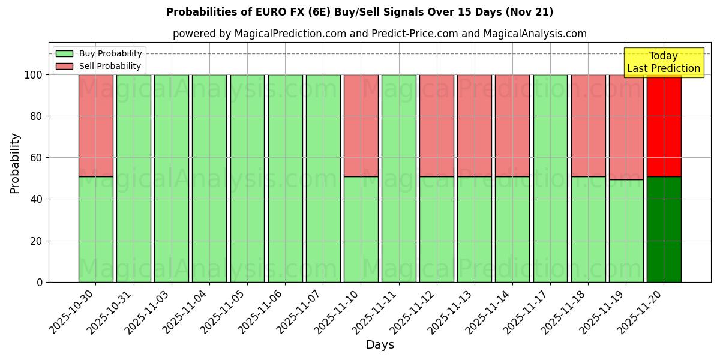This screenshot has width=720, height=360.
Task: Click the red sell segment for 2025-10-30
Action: [95, 125]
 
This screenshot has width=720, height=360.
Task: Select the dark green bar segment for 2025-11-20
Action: [664, 229]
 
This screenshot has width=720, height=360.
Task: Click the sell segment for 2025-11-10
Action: [361, 125]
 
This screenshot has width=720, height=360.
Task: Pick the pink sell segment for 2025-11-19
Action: [626, 127]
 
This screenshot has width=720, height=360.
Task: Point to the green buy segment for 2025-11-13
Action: [474, 229]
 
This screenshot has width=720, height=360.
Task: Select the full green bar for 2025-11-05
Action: [247, 178]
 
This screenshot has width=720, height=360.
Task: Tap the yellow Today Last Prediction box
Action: [664, 62]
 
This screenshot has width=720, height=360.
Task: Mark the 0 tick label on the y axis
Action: [40, 282]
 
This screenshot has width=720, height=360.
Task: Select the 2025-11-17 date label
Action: [526, 311]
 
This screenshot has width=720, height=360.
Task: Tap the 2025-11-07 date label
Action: [299, 311]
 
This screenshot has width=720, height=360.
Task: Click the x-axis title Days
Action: [380, 345]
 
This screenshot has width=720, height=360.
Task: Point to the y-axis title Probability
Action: [15, 163]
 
